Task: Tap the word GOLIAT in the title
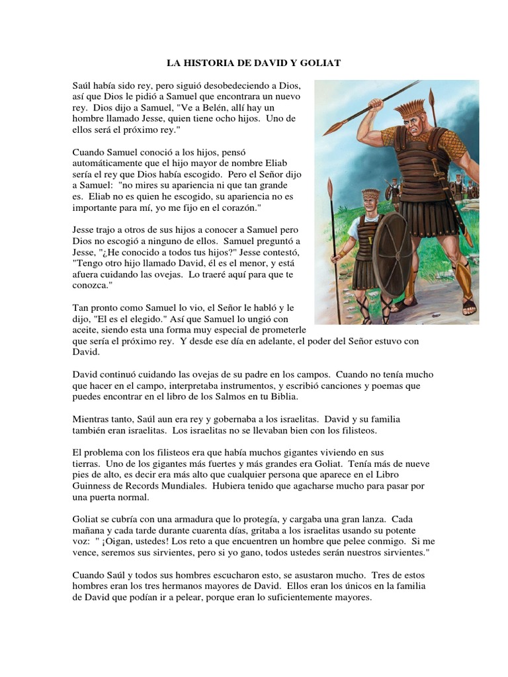[319, 63]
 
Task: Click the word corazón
[240, 208]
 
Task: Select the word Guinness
[97, 486]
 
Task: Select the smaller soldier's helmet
[371, 196]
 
